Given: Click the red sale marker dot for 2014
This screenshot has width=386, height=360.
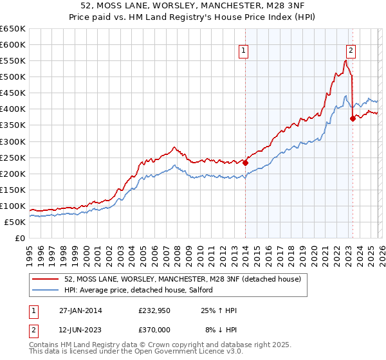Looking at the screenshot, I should click(245, 163).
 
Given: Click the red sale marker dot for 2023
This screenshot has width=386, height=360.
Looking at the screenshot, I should click(352, 118).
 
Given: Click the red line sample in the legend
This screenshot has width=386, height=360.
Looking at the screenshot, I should click(46, 280).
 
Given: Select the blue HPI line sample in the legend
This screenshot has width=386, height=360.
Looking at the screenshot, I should click(46, 291).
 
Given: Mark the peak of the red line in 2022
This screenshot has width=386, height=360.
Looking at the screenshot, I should click(345, 60).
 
